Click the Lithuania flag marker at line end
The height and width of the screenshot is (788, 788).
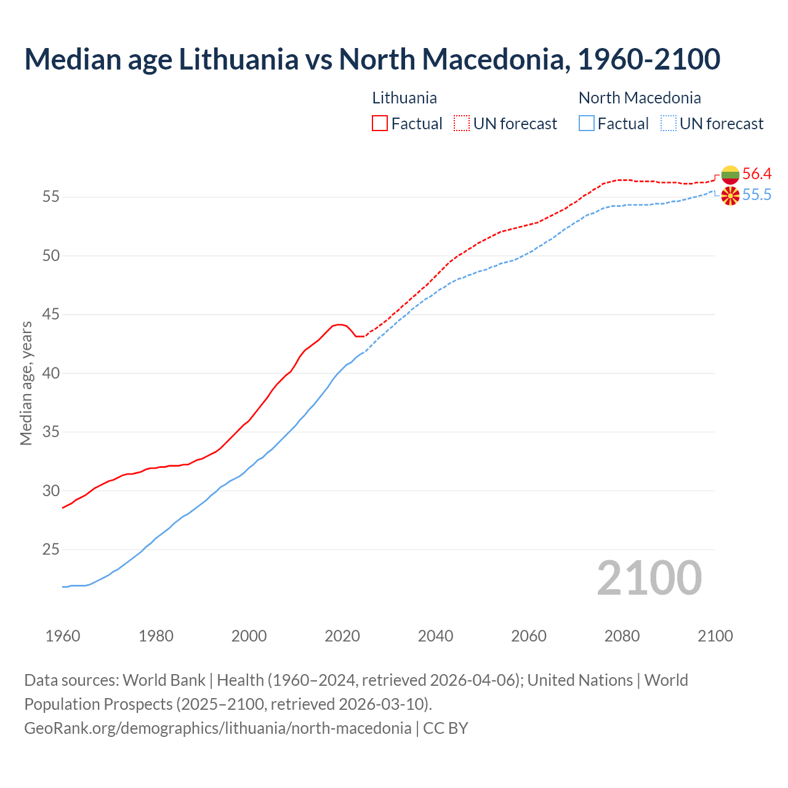coord(730,175)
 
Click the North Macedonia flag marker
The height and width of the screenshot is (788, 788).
coord(730,196)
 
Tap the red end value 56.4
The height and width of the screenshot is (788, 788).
coord(757,174)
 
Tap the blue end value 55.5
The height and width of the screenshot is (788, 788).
coord(757,195)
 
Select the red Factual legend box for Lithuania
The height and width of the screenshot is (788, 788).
coord(380,123)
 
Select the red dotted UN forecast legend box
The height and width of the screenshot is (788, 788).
coord(462,123)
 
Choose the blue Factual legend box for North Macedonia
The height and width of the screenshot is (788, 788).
coord(587,123)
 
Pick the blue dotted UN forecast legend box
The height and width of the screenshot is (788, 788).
coord(668,123)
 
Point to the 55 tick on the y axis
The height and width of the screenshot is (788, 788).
coord(50,197)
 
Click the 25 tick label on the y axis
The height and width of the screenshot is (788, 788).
coord(50,549)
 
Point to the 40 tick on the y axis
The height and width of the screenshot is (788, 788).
coord(50,373)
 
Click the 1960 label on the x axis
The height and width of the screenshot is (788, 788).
coord(63,636)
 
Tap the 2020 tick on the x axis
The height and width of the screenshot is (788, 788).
coord(342,636)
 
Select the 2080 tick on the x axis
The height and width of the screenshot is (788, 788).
coord(622,636)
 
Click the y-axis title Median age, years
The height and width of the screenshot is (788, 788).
coord(26,383)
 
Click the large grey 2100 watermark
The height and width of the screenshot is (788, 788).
coord(649,577)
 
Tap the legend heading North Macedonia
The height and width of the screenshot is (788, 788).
coord(640,98)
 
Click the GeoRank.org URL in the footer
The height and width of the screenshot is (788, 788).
coord(217,728)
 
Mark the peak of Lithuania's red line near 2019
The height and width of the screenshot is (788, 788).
coord(339,324)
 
